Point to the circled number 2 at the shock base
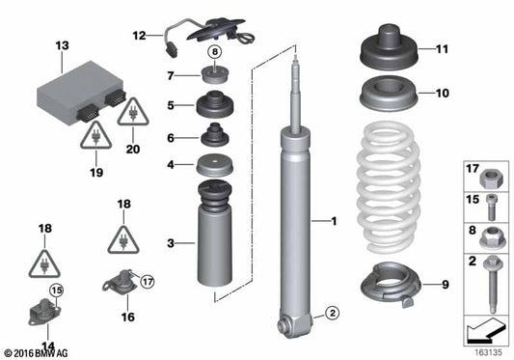[x=329, y=312]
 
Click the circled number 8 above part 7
[x=214, y=52]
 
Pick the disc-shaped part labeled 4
[x=214, y=166]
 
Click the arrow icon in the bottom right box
[x=482, y=331]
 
